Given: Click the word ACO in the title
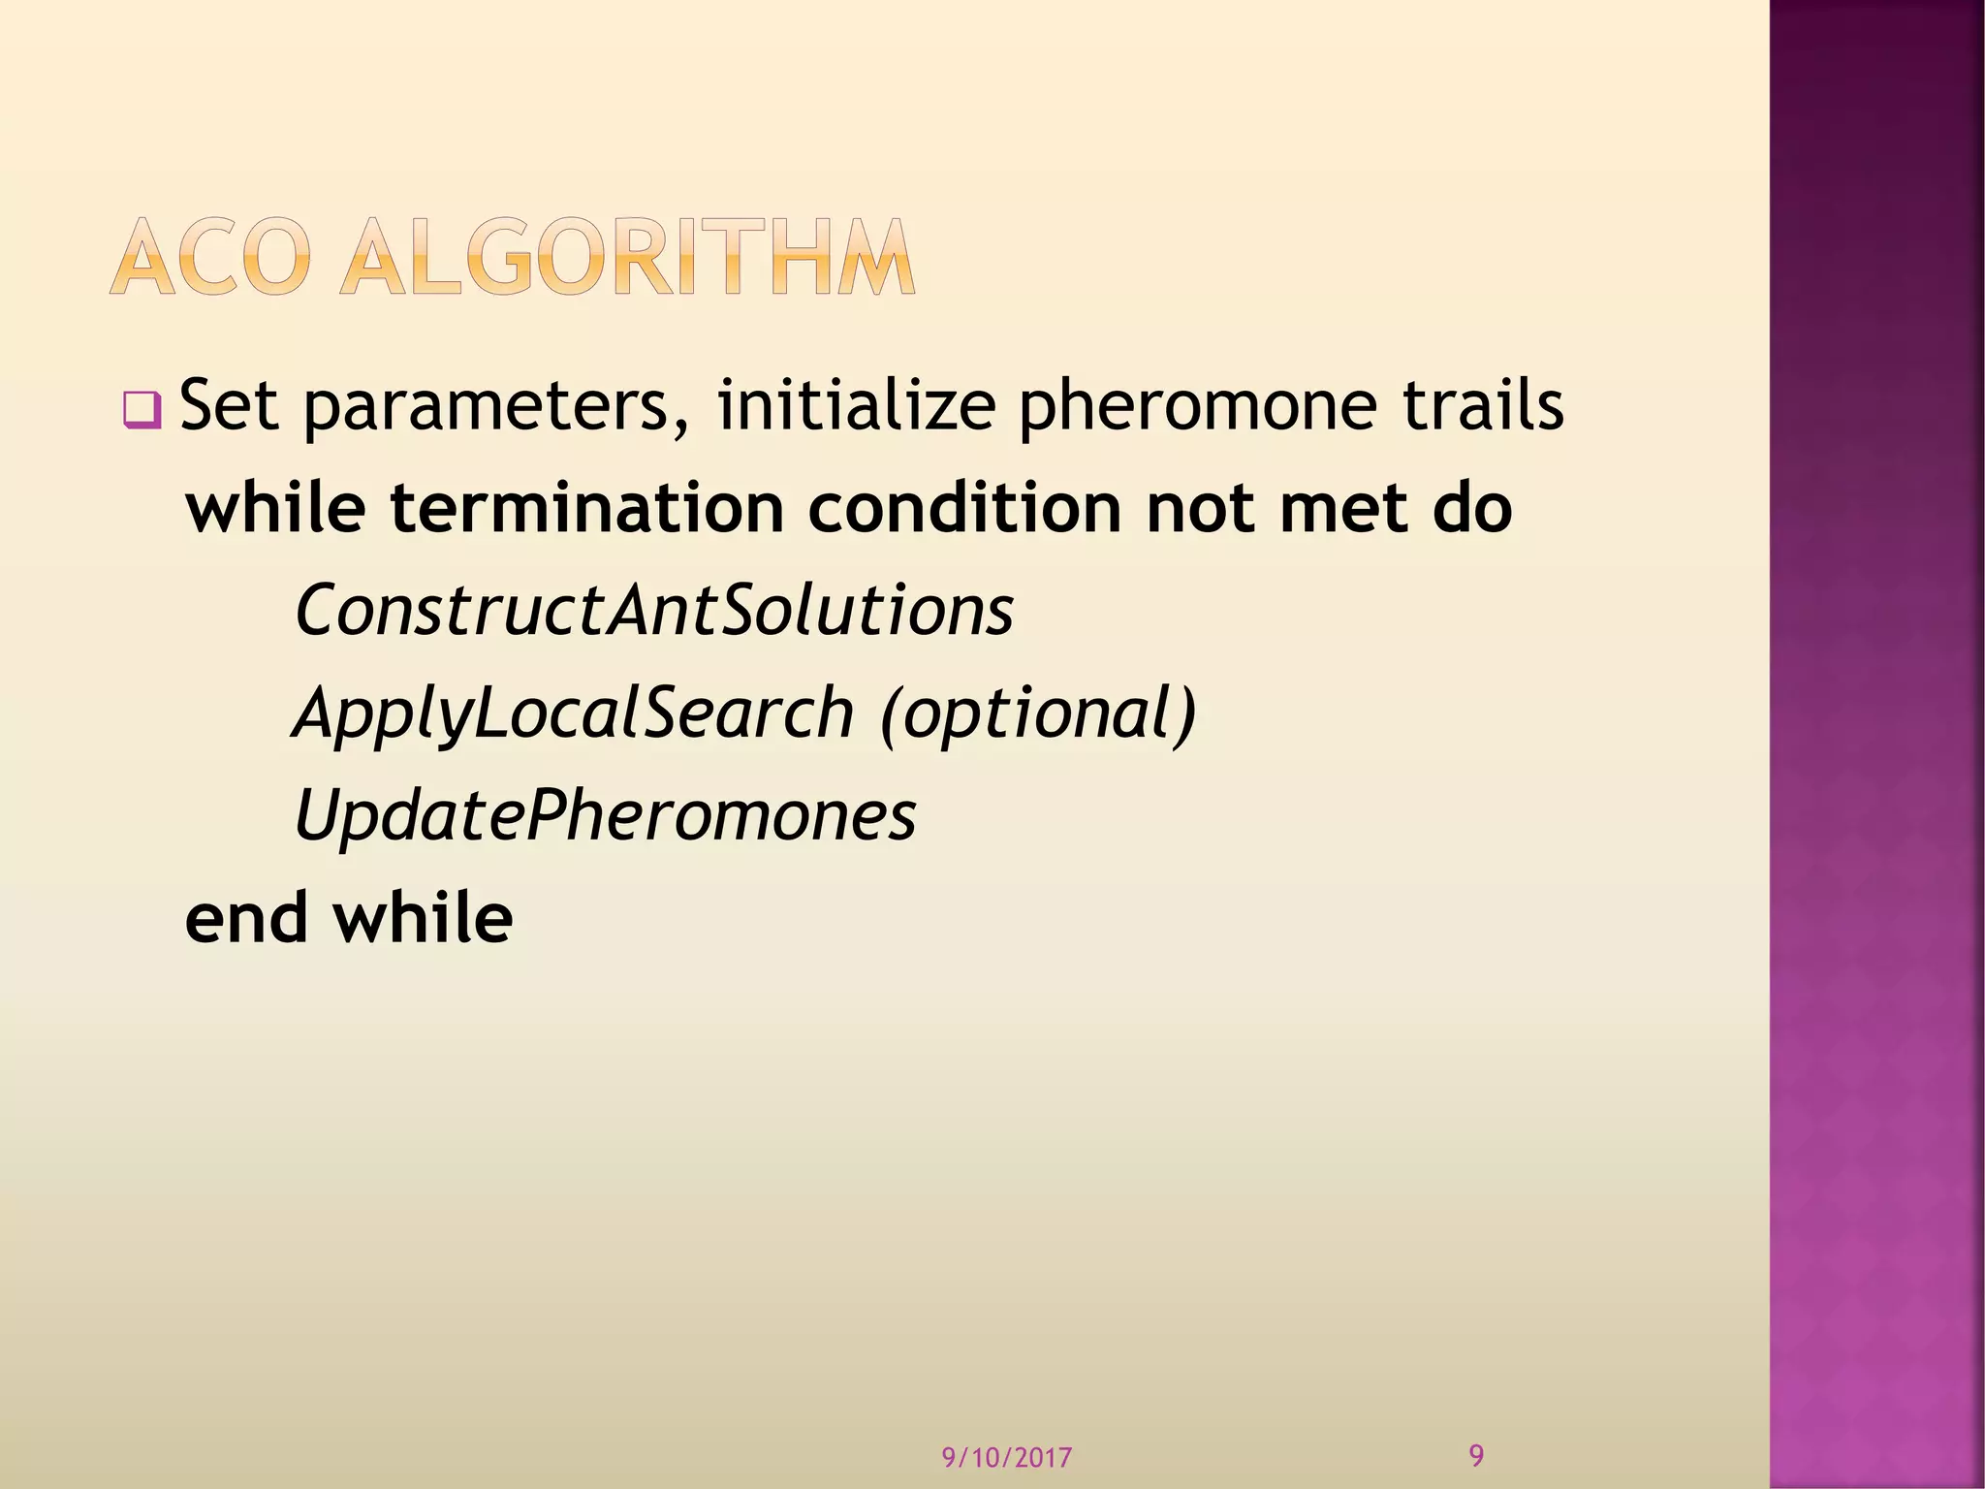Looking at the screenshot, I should [211, 257].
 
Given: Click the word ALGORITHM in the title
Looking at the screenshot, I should [627, 257].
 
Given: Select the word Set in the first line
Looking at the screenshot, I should [230, 406].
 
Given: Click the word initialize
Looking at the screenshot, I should [856, 406].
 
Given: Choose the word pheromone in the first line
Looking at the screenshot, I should [1196, 408].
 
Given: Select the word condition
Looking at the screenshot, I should [964, 508].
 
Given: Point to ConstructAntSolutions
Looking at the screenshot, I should [654, 611].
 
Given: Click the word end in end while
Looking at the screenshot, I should [246, 918].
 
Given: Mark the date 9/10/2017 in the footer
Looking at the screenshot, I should [1007, 1457].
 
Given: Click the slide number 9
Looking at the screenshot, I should [1476, 1455].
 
